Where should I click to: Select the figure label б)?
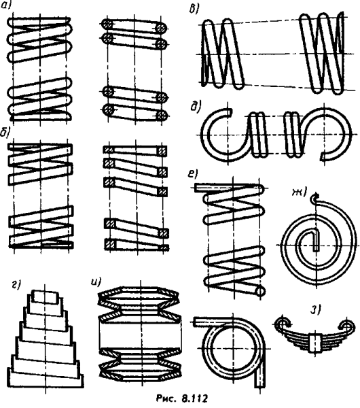(5, 132)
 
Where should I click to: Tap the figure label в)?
(194, 10)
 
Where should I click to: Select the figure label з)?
(315, 309)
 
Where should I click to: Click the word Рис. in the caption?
(164, 398)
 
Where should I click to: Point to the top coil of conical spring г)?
(45, 297)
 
